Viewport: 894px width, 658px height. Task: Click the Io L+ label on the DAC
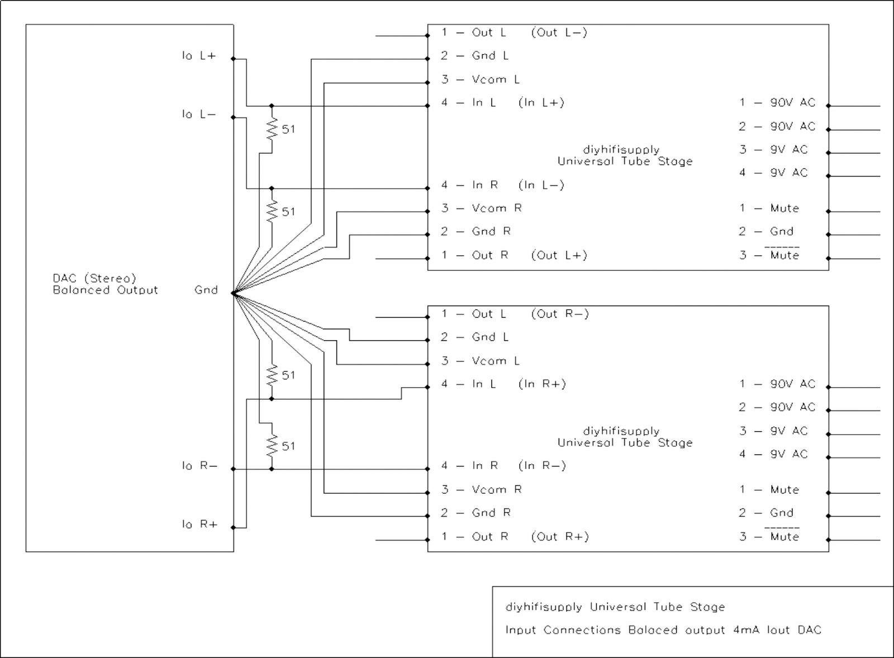coord(199,56)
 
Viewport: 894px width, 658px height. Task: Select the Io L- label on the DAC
coord(199,115)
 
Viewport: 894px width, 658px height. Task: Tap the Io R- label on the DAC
coord(199,466)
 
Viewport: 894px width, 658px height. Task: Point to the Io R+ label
coord(199,525)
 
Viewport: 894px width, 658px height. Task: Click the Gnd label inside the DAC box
coord(206,290)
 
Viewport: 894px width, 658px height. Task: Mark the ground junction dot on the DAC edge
coord(233,293)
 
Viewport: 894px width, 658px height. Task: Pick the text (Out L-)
coord(559,32)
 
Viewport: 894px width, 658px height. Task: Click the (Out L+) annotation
coord(559,255)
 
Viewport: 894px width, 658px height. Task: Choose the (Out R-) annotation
coord(560,314)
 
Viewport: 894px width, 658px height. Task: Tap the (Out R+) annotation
coord(560,537)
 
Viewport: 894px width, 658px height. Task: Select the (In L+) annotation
coord(541,103)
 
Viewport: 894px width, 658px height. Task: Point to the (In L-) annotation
coord(541,185)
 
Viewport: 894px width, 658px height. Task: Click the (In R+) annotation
coord(543,384)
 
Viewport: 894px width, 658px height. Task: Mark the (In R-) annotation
coord(543,466)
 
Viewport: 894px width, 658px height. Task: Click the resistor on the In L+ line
coord(272,129)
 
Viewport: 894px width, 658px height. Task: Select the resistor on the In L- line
coord(272,211)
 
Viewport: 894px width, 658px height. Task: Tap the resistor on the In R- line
coord(272,445)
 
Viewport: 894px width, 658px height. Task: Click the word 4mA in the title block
coord(745,630)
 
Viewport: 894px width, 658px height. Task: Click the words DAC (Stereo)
coord(94,278)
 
